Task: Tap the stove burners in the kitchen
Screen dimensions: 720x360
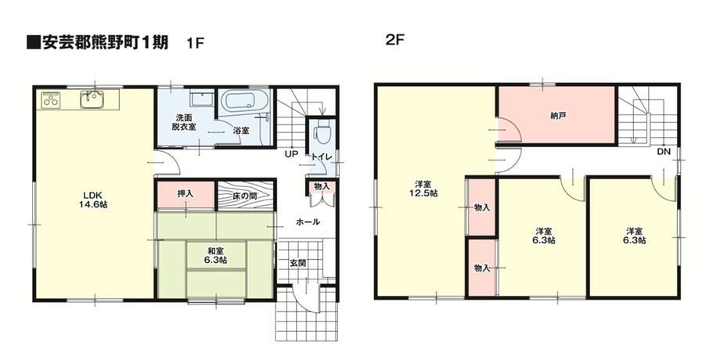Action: click(51, 99)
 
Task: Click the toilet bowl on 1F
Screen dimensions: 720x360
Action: click(321, 134)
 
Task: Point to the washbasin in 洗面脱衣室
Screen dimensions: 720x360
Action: click(200, 99)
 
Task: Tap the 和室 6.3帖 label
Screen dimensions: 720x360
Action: click(216, 255)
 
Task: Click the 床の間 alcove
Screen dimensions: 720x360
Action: click(245, 196)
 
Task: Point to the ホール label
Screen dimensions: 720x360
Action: click(308, 221)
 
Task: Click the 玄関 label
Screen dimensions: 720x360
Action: click(297, 264)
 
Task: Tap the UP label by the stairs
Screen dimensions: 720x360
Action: click(291, 154)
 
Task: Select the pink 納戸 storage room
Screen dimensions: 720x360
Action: click(556, 115)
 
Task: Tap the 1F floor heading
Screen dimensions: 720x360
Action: click(195, 43)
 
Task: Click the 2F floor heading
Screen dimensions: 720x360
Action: click(394, 40)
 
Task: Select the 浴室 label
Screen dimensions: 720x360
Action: click(242, 130)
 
